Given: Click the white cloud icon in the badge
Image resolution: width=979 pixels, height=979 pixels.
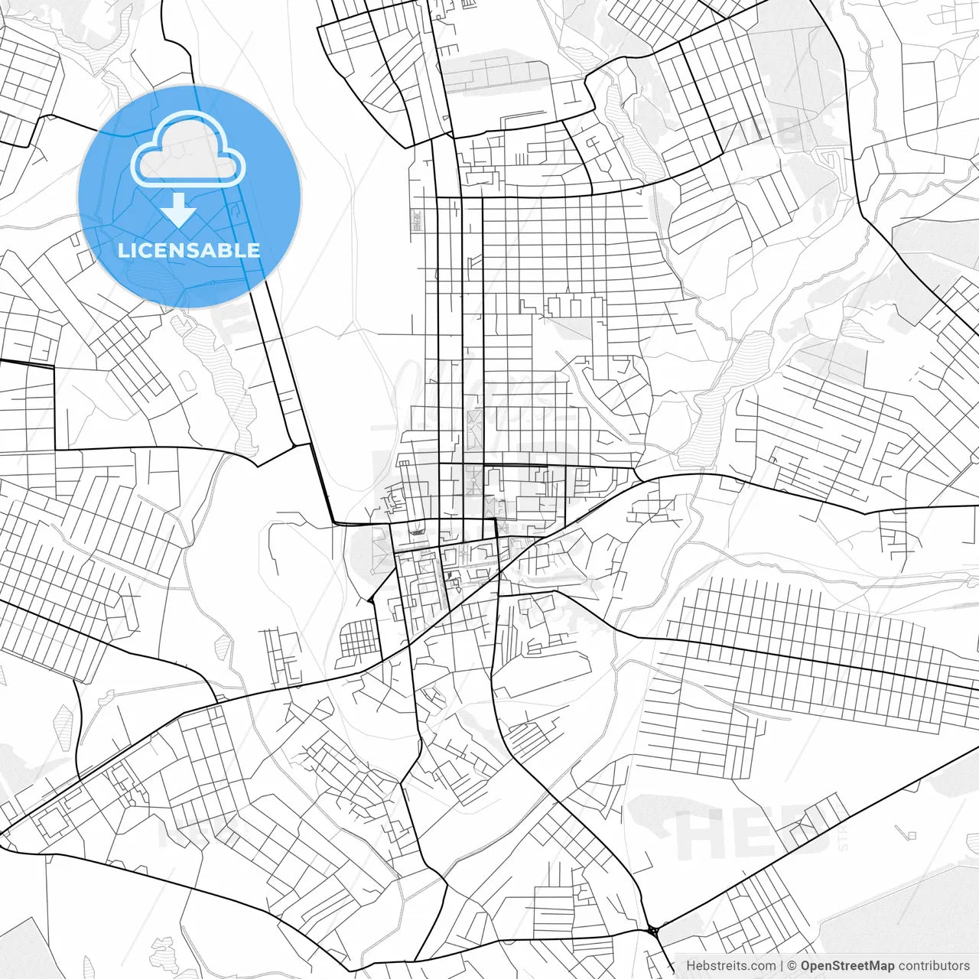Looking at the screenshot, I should pos(188,150).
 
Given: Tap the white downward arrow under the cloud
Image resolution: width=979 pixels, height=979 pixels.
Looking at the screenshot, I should pos(179,210).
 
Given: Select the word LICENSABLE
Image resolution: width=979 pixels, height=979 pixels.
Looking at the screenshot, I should pos(188,250).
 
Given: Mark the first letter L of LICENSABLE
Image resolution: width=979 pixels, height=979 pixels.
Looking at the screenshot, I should pos(123,250).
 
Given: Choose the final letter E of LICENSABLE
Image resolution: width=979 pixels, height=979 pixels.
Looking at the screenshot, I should pos(253,250).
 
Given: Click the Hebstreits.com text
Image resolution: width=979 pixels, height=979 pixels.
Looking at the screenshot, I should pos(730,966).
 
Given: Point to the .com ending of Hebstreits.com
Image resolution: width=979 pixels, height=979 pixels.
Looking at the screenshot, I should pos(761,966).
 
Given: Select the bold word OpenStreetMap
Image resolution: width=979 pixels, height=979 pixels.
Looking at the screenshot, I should pos(847,966).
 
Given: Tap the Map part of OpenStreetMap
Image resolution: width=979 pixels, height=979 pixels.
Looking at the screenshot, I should pos(881,966).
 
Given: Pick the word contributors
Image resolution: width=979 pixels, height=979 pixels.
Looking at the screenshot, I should pos(934,966).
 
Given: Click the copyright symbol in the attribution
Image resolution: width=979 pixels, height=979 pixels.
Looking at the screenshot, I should pos(792,966).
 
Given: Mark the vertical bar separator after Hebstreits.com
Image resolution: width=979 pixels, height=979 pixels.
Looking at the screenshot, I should pos(782,966).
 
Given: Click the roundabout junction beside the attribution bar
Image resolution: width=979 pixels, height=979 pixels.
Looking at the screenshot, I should pos(653,931).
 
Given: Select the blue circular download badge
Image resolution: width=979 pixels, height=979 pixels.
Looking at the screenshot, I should pos(189,197).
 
